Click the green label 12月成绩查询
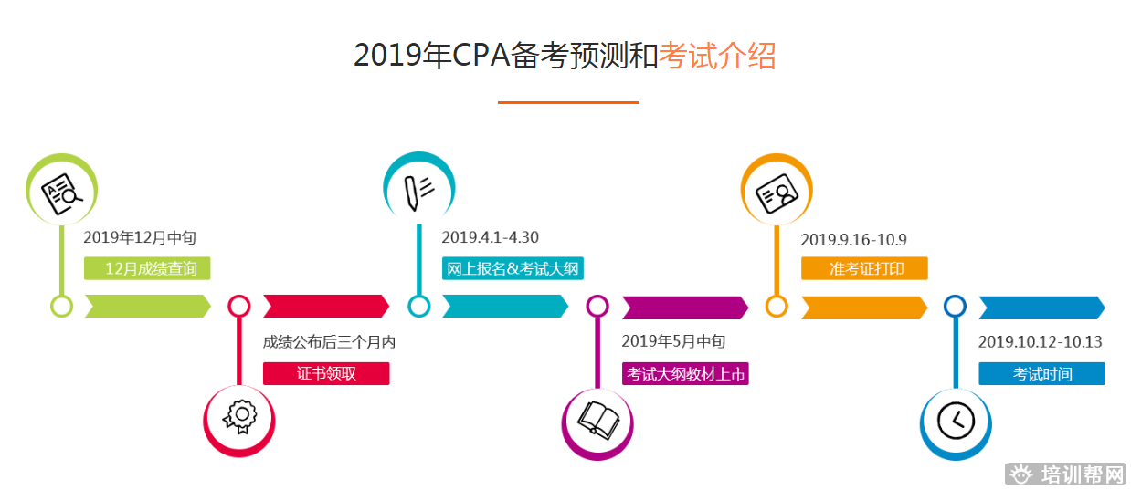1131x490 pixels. (147, 268)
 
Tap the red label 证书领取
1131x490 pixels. (326, 373)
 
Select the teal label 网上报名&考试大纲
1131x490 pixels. (513, 268)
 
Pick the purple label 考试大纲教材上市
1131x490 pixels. (685, 373)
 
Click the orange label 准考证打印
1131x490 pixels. (864, 268)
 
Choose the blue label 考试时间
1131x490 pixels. (1041, 373)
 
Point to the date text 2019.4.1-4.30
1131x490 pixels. (491, 237)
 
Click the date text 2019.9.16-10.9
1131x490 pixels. (854, 239)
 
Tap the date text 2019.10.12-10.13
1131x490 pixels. (1041, 342)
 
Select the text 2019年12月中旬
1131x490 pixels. (140, 237)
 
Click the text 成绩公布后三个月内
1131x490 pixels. (329, 342)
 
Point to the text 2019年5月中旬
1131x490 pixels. (673, 341)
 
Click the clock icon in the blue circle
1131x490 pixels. (956, 421)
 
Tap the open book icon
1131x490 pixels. (598, 420)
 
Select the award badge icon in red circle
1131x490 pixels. (240, 416)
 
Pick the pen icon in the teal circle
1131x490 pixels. (418, 192)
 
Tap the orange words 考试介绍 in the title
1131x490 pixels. (717, 56)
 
